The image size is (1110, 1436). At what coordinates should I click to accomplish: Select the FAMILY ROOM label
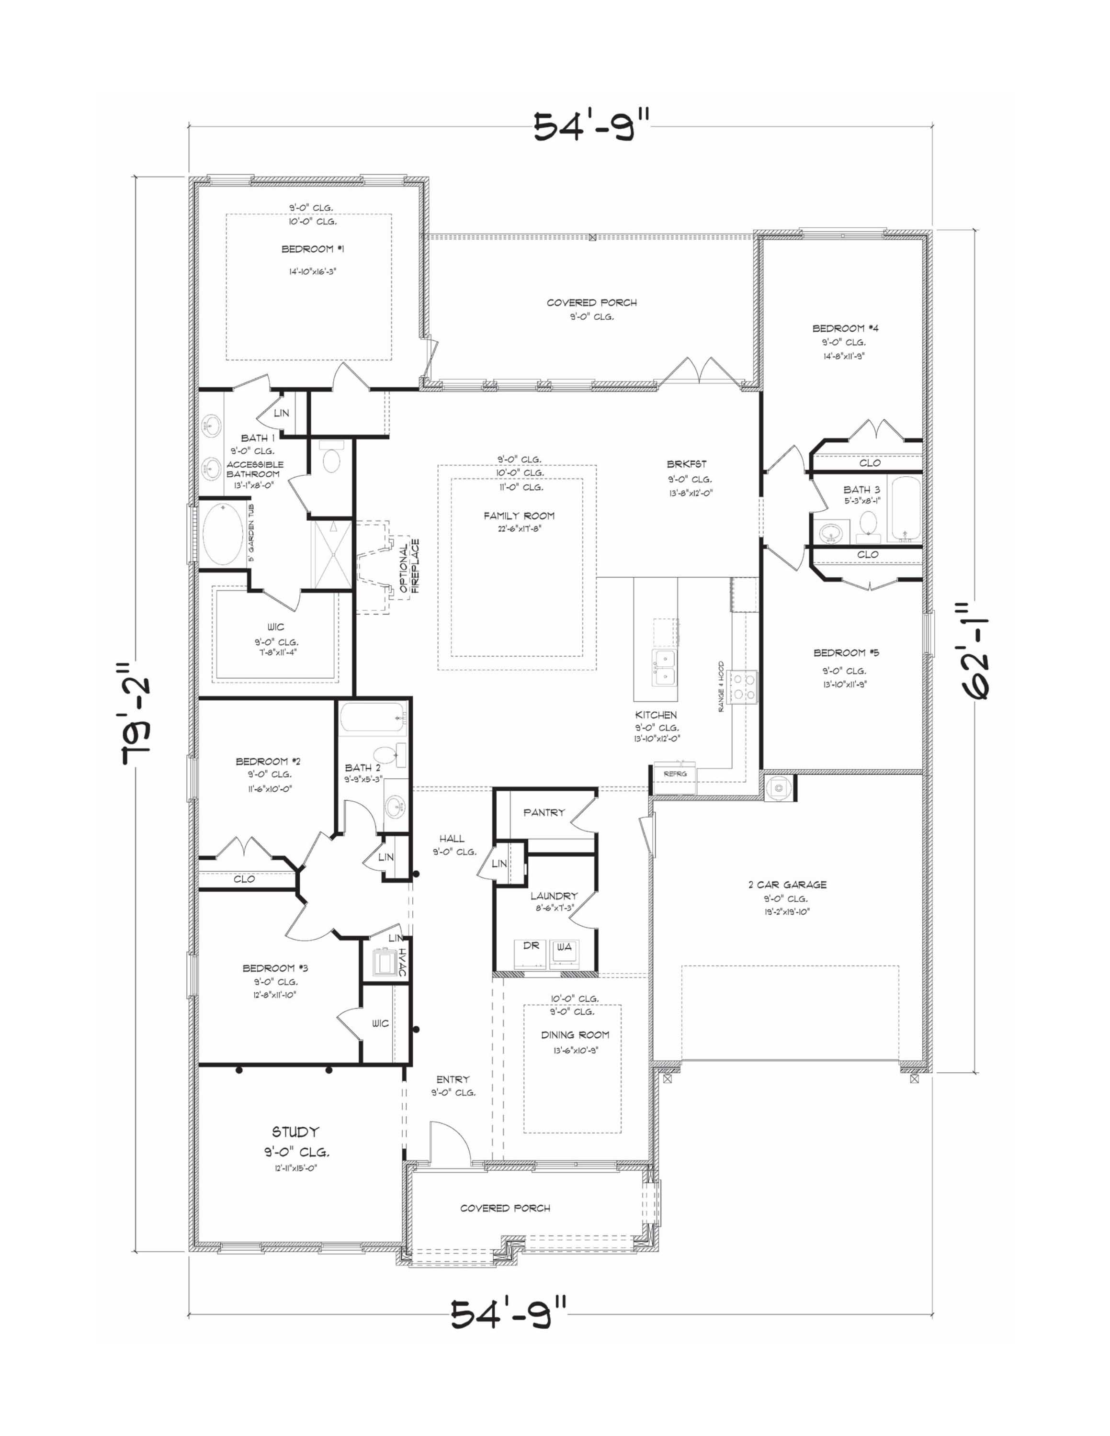coord(519,516)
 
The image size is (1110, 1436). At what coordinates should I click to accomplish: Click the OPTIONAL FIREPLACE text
coord(409,566)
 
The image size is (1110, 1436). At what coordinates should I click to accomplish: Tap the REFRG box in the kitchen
coord(675,774)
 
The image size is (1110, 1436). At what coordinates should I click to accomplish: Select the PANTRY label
coord(544,813)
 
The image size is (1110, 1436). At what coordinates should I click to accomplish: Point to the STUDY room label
coord(296,1132)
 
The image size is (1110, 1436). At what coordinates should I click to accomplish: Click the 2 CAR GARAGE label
coord(787,885)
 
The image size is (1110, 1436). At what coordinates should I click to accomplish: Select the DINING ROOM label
coord(575,1035)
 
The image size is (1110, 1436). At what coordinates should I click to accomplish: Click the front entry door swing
coord(449,1143)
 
